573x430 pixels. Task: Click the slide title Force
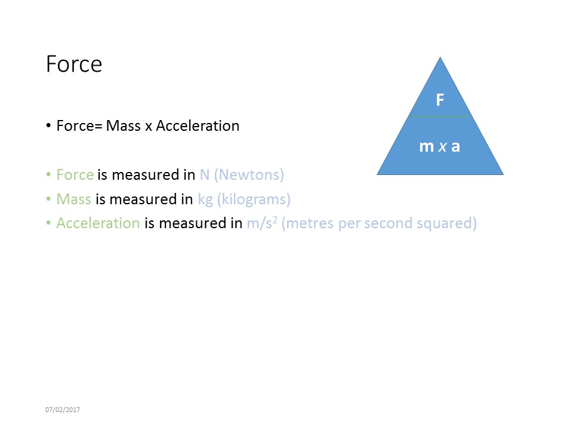tap(74, 64)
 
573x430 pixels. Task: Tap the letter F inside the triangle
tap(440, 100)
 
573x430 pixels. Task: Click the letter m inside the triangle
tap(426, 146)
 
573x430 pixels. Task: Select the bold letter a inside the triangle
tap(455, 146)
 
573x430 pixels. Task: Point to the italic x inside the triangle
tap(442, 147)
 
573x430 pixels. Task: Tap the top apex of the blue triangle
tap(440, 59)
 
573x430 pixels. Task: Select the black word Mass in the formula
tap(124, 126)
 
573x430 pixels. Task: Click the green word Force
tap(75, 175)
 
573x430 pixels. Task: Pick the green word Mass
tap(73, 199)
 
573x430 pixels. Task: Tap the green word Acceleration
tap(98, 223)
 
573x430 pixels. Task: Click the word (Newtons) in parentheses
tap(249, 175)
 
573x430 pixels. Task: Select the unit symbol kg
tap(205, 199)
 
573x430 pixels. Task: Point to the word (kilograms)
tap(254, 199)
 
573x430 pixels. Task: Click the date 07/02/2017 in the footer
tap(63, 410)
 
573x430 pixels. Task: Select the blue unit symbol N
tap(205, 175)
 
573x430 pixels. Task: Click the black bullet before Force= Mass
tap(48, 127)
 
